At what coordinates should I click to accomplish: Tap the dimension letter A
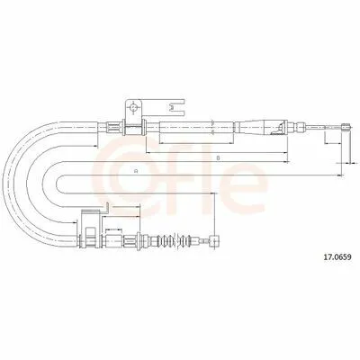click(x=136, y=171)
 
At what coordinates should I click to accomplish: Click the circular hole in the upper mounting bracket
click(x=134, y=106)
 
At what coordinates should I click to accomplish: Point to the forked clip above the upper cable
click(x=176, y=106)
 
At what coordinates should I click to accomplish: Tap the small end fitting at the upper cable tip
click(x=346, y=127)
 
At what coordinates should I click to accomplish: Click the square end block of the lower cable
click(x=215, y=240)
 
